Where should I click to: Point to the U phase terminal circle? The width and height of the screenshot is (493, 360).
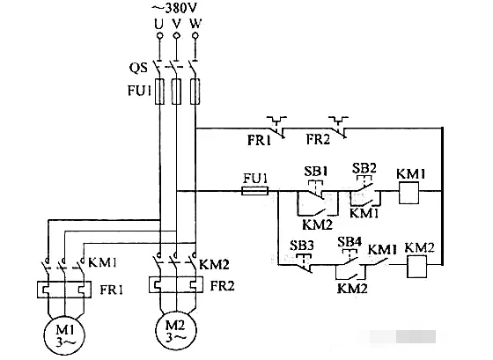pyautogui.click(x=159, y=35)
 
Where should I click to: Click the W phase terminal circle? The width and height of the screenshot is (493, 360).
pyautogui.click(x=195, y=35)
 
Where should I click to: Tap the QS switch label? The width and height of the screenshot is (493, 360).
pyautogui.click(x=138, y=68)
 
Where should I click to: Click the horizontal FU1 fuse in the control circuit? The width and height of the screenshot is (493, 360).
pyautogui.click(x=255, y=191)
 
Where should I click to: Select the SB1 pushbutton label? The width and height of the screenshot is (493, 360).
pyautogui.click(x=316, y=172)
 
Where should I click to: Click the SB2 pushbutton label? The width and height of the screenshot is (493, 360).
pyautogui.click(x=364, y=168)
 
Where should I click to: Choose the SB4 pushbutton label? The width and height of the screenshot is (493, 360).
pyautogui.click(x=350, y=242)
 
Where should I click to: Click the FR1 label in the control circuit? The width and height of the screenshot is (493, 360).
pyautogui.click(x=259, y=140)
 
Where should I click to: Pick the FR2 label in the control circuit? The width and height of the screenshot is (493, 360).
pyautogui.click(x=318, y=139)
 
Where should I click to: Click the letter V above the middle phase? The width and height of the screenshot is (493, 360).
pyautogui.click(x=177, y=24)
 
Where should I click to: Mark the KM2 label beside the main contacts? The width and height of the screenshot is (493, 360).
pyautogui.click(x=215, y=265)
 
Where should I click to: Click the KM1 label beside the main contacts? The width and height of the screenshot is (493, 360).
pyautogui.click(x=102, y=262)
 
